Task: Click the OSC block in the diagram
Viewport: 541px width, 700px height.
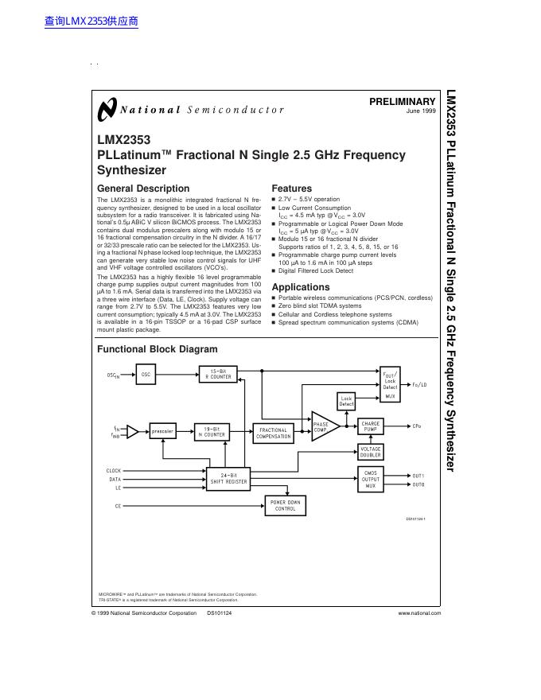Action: pos(146,374)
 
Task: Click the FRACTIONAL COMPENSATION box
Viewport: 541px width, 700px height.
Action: pos(274,433)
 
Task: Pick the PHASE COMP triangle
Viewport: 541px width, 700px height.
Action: pos(322,426)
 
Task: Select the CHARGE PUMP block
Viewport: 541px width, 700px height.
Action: pos(371,426)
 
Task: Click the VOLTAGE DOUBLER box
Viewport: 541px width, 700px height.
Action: pos(371,451)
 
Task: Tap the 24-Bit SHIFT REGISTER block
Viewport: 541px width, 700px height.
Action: pos(229,478)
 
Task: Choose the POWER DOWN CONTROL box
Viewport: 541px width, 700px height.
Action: pos(285,506)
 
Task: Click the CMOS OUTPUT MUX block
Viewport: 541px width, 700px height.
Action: pos(371,479)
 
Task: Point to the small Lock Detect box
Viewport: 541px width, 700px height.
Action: pos(346,401)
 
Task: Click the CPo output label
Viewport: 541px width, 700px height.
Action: pos(417,426)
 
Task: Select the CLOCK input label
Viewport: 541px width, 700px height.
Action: pos(115,471)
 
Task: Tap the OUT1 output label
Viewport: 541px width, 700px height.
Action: pos(418,475)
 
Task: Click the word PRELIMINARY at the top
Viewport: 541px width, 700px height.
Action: pos(403,102)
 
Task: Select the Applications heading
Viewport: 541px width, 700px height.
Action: pos(301,287)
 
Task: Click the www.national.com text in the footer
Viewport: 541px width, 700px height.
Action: pos(419,613)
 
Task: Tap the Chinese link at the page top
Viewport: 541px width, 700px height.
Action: pos(92,21)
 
